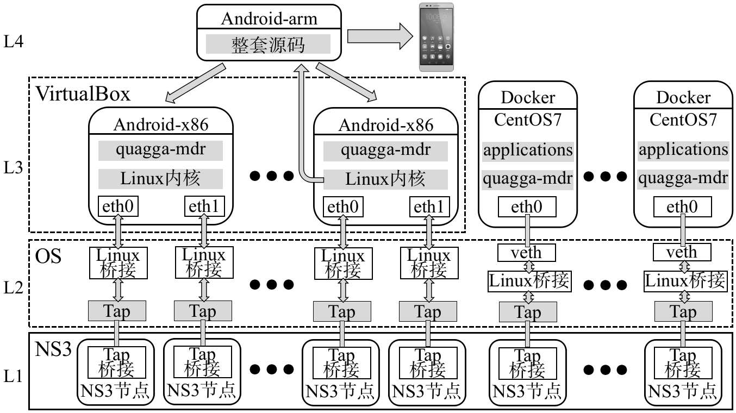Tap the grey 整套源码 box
coord(269,43)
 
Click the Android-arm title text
coord(269,20)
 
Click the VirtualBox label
coord(83,93)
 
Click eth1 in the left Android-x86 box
coord(204,206)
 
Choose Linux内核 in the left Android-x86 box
coord(161,178)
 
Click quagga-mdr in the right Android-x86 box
coord(386,151)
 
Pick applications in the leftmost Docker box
coord(528,150)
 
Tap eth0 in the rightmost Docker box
coord(682,206)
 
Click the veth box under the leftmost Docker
coord(527,252)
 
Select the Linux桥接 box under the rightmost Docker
coord(684,281)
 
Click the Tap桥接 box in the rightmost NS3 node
coord(683,362)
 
